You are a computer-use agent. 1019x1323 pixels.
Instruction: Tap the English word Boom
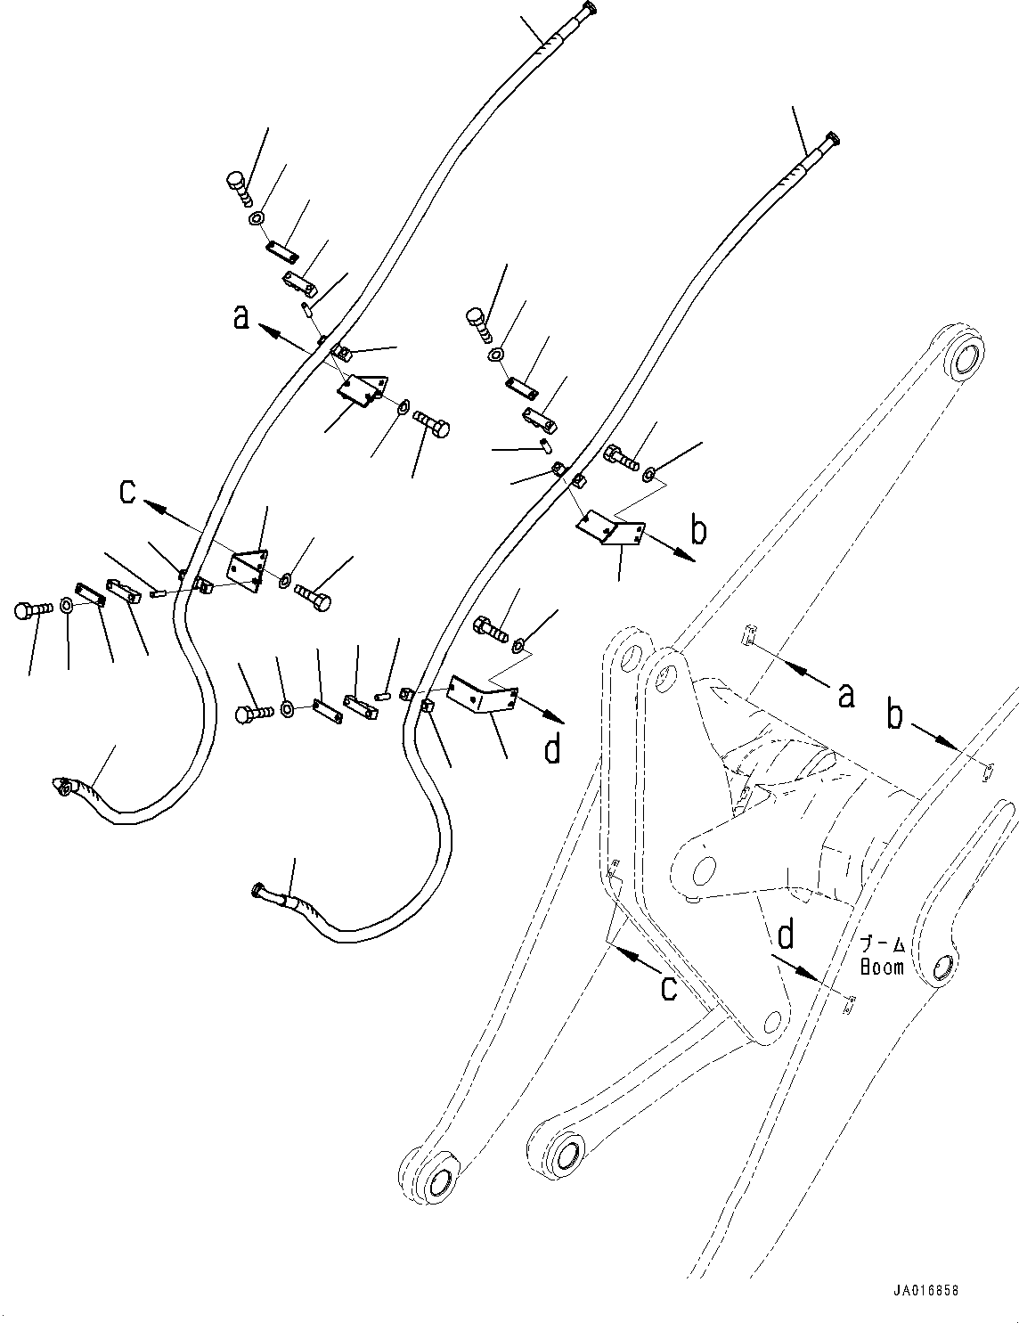pos(881,967)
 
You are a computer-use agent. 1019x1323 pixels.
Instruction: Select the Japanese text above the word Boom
pos(881,945)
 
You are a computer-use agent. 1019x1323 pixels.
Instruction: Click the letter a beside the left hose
pos(240,316)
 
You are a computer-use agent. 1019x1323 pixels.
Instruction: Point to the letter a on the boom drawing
pos(845,694)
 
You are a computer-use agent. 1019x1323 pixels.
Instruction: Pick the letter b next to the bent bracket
pos(699,530)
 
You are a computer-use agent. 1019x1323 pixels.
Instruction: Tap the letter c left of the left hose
pos(128,491)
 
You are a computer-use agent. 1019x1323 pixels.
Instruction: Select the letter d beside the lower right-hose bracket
pos(552,749)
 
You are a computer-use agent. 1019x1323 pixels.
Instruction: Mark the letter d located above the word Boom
pos(786,935)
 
